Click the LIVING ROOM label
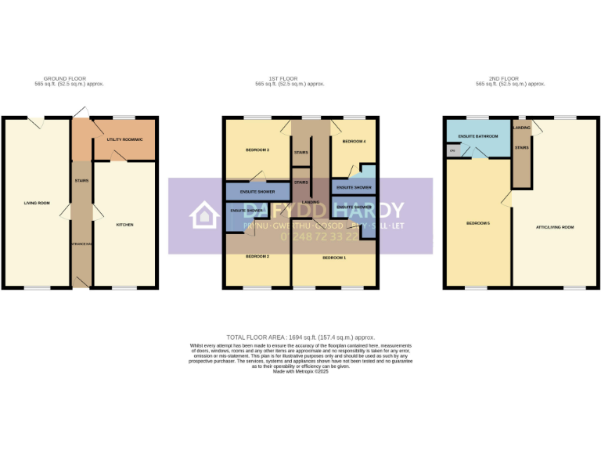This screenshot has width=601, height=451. coord(37,203)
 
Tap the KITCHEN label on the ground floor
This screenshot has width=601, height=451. coord(124,225)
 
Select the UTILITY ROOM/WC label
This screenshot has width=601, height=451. coord(125,139)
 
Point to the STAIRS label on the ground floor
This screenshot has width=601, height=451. coord(81,181)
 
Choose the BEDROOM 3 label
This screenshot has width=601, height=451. coord(257,150)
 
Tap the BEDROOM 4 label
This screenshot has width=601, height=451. coord(354,142)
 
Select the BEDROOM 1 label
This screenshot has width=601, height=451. coord(333,257)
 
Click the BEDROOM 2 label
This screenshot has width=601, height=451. coord(257,257)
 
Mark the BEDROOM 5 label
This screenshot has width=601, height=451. coord(478,224)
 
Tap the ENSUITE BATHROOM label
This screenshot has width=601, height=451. coord(477,135)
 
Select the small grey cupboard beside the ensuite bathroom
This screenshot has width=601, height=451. coord(452,150)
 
